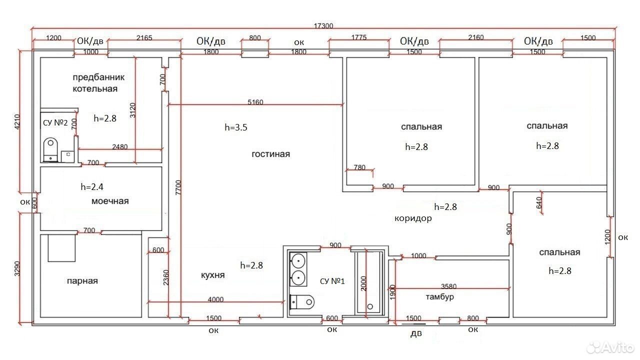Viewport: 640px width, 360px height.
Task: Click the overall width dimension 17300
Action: tap(323, 26)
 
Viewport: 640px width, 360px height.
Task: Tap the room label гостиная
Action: tap(270, 154)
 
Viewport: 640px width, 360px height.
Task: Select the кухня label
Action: tap(213, 275)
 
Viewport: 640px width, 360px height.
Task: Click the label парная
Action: tap(82, 281)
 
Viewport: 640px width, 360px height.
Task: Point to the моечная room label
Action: tap(110, 201)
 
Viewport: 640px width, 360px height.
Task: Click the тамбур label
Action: tap(439, 297)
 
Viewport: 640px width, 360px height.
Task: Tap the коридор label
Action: tap(413, 218)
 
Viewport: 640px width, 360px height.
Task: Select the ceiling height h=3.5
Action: tap(236, 127)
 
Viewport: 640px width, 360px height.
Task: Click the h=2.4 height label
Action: tap(92, 187)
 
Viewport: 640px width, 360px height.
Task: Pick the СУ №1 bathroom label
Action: tap(332, 281)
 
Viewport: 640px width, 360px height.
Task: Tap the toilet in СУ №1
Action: tap(302, 302)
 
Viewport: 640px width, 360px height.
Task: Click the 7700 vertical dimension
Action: tap(178, 187)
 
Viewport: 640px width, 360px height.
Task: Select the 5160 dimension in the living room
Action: tap(255, 102)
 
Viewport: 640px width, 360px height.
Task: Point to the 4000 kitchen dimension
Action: tap(215, 299)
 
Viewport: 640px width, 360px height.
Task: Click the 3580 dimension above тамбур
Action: tap(448, 286)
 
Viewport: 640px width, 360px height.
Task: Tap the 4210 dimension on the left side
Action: tap(17, 122)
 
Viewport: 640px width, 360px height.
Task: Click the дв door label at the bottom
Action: tap(416, 333)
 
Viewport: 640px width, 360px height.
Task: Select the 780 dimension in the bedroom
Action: tap(359, 167)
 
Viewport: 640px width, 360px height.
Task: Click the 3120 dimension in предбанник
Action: tap(132, 110)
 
